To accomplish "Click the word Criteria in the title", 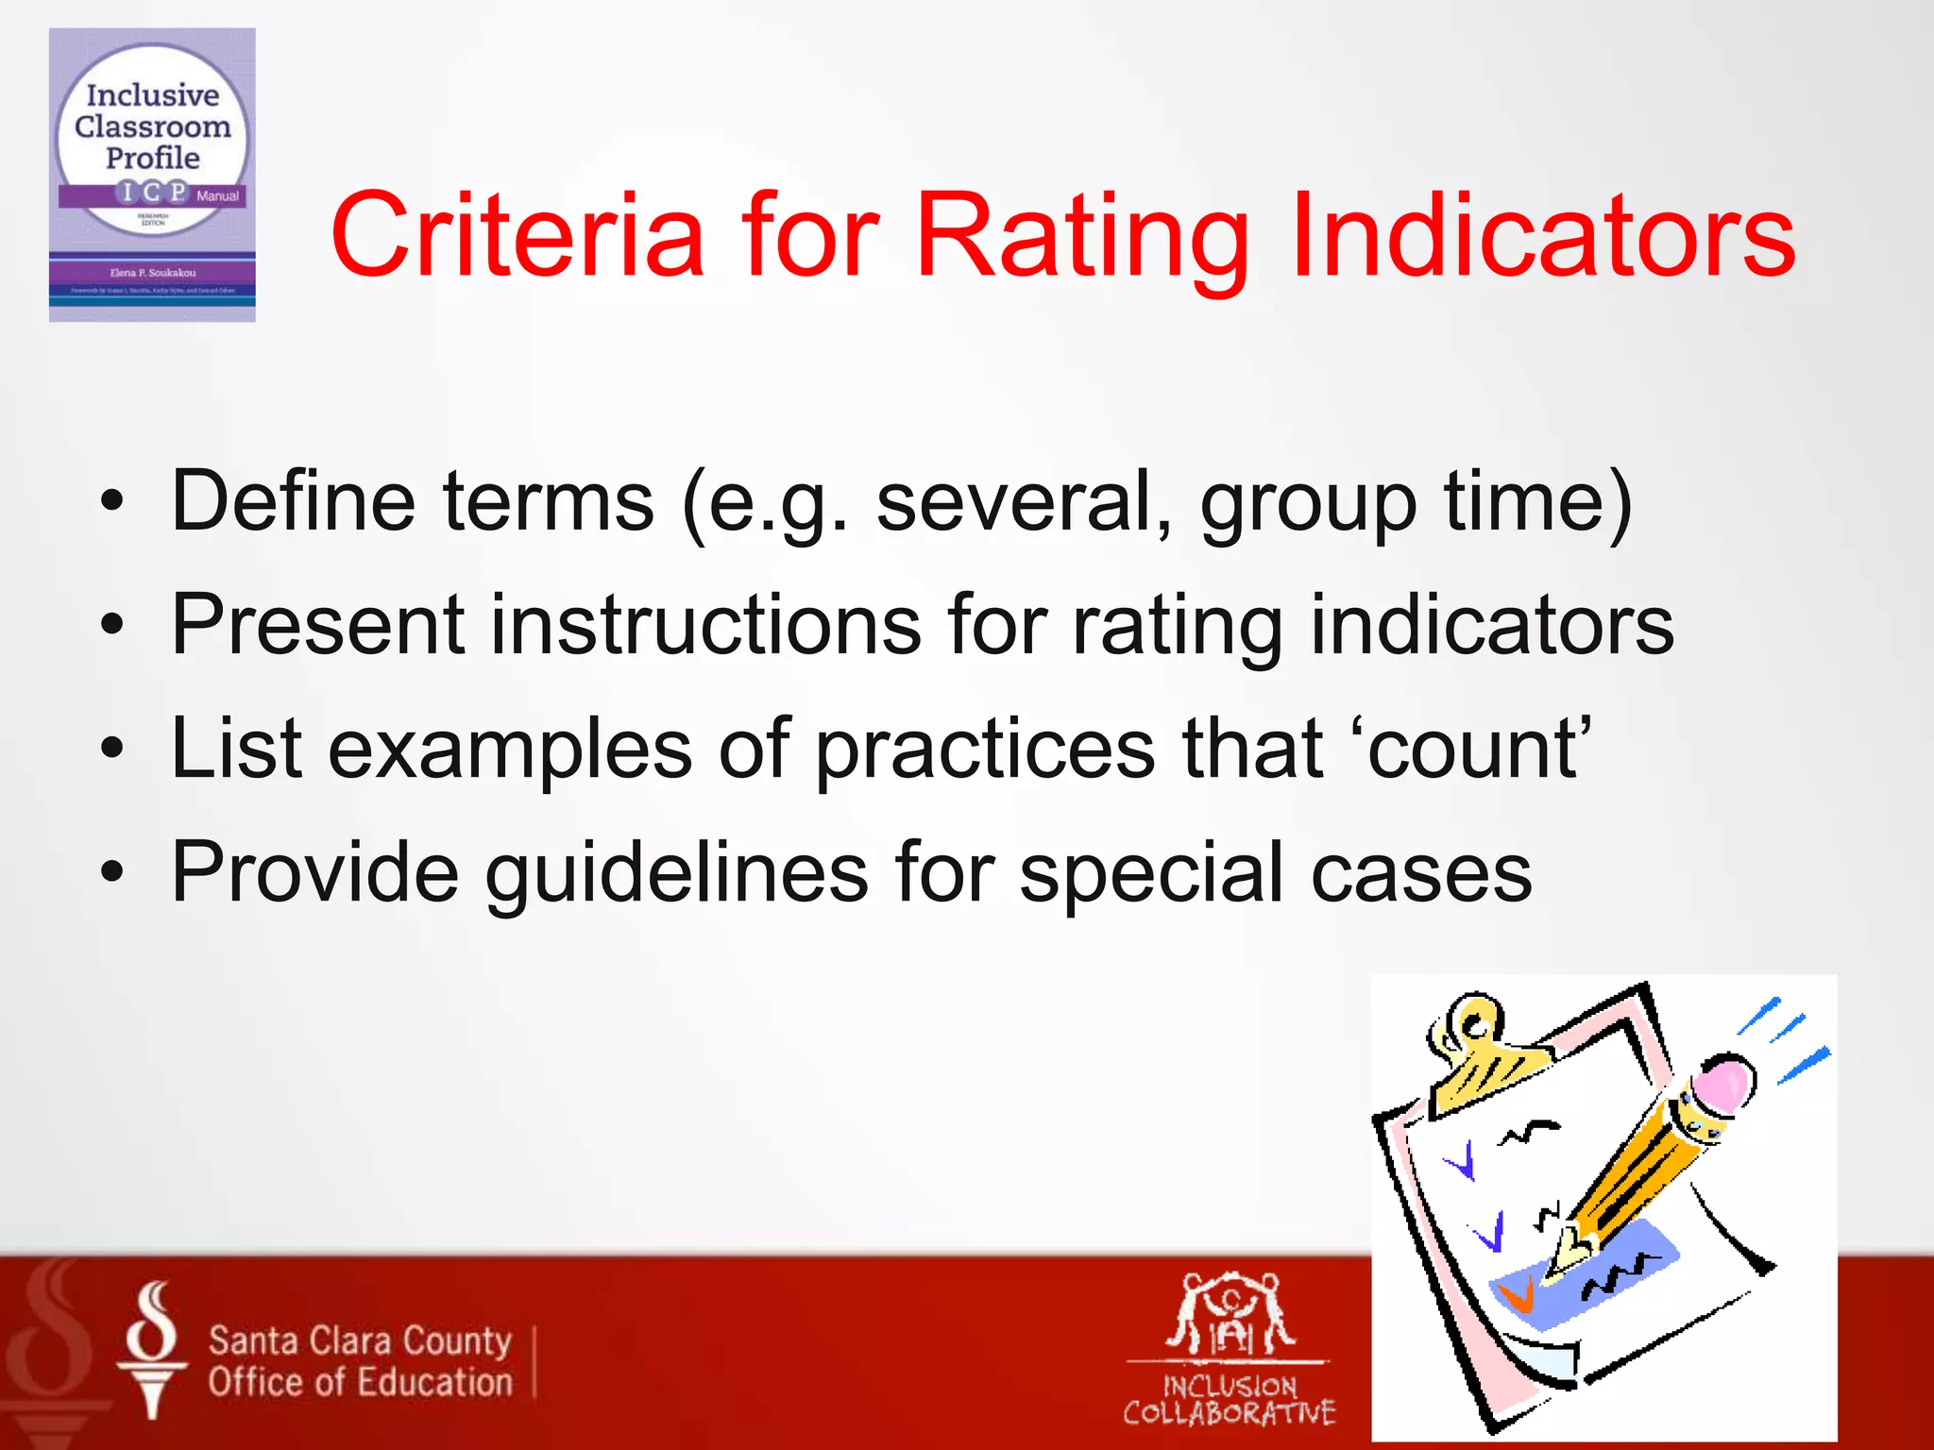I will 517,236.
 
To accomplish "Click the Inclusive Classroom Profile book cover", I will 152,175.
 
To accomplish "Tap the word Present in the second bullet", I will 317,624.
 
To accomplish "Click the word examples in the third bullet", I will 510,748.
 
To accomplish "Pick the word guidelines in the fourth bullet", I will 676,872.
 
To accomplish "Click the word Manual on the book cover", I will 218,196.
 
